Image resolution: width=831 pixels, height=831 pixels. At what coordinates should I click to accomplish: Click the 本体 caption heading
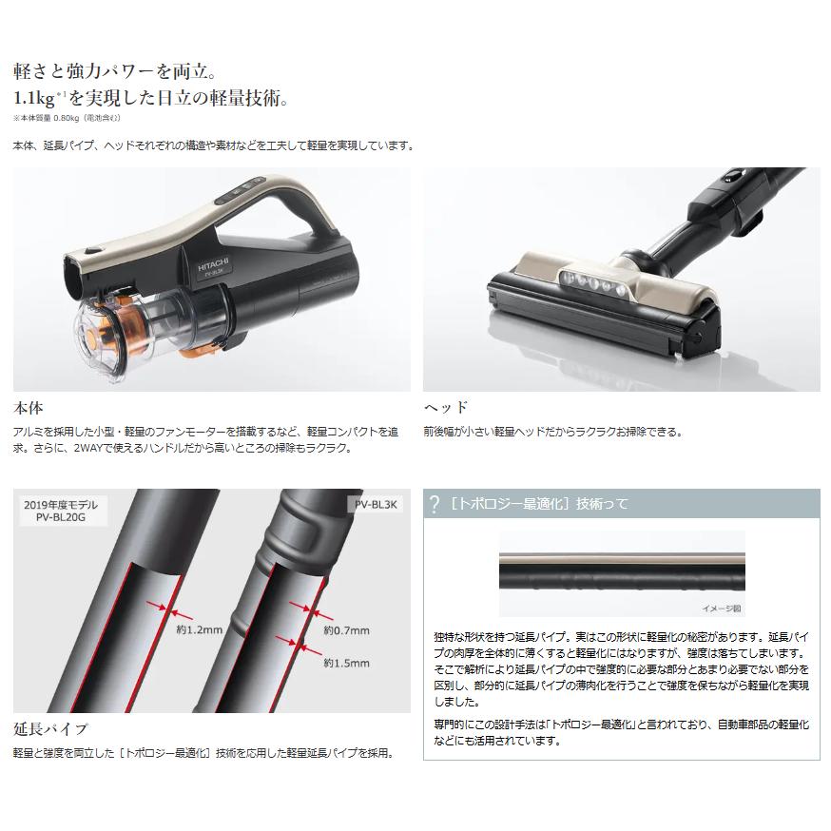tap(29, 407)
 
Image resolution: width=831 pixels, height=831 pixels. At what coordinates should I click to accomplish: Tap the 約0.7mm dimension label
tap(346, 629)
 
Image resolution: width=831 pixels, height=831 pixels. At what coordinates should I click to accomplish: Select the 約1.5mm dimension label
tap(346, 663)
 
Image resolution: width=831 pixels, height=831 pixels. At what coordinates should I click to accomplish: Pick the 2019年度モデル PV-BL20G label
tap(61, 512)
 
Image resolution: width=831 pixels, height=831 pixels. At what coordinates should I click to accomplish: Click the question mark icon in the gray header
tap(435, 504)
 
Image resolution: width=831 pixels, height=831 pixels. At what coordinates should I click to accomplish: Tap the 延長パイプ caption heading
tap(49, 729)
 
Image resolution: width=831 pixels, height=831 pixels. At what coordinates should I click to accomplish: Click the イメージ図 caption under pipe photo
tap(721, 606)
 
